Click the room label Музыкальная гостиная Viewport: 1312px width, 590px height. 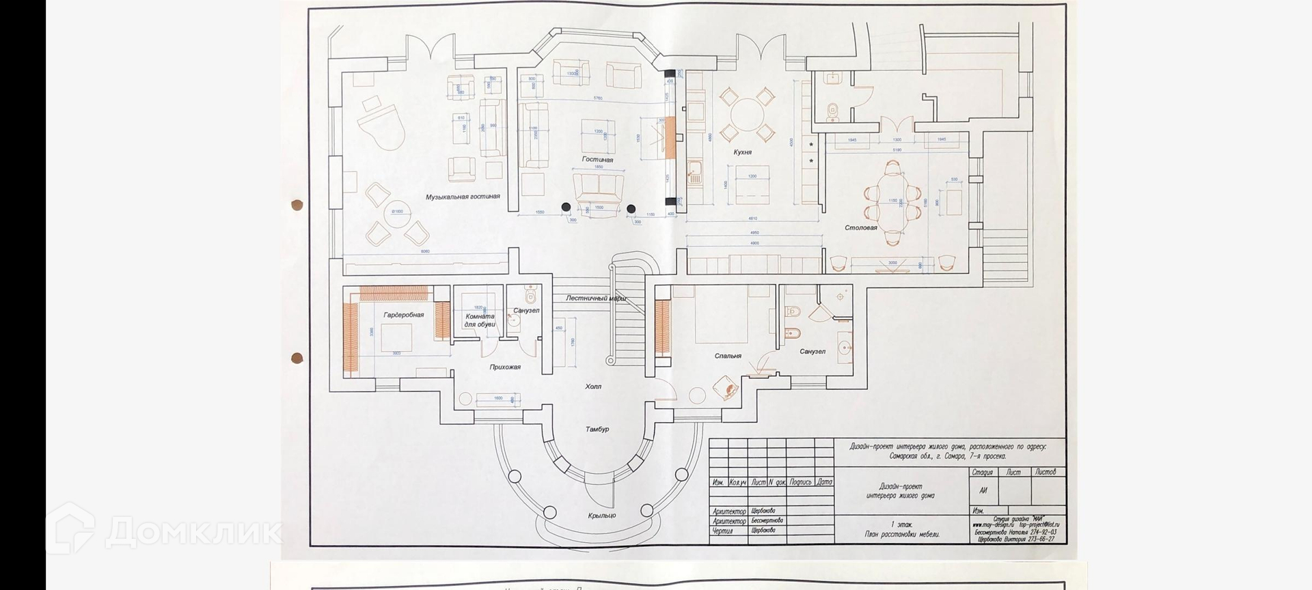point(463,197)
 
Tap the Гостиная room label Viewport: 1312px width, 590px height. point(597,160)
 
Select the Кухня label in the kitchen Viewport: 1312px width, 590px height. point(742,152)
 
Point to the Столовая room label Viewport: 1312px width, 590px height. point(860,228)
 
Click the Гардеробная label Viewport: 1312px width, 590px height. point(403,315)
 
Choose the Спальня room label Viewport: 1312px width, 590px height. point(728,356)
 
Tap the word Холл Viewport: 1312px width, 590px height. point(592,387)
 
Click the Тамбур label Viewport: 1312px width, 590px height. point(597,430)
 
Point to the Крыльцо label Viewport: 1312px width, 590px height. point(601,516)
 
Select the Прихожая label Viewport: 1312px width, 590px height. point(505,367)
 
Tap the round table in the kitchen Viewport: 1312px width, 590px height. point(748,113)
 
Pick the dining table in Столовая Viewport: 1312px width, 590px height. point(892,202)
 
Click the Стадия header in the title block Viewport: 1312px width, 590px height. point(982,473)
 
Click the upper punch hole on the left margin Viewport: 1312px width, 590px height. point(297,204)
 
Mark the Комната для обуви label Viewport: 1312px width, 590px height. point(480,320)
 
